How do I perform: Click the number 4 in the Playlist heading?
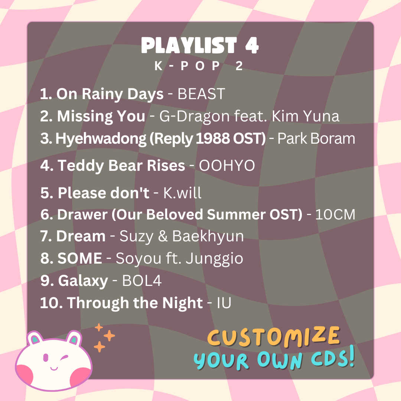coord(252,45)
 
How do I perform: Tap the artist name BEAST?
coord(201,94)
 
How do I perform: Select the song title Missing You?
coord(101,116)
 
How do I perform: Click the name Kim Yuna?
coord(305,116)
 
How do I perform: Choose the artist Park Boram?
coord(316,138)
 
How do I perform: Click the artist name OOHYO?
coord(227,166)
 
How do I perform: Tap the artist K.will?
coord(182,193)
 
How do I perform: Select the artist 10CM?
coord(335,214)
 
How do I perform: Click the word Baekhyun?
coord(208,236)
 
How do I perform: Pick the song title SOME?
coord(80,258)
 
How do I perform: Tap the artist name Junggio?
coord(214,258)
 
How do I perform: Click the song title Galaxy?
coord(83,281)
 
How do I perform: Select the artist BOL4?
coord(142,281)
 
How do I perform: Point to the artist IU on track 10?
coord(224,303)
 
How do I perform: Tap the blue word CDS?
coord(333,357)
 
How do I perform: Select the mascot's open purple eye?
coord(46,357)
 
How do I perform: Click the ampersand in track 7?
coord(163,236)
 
